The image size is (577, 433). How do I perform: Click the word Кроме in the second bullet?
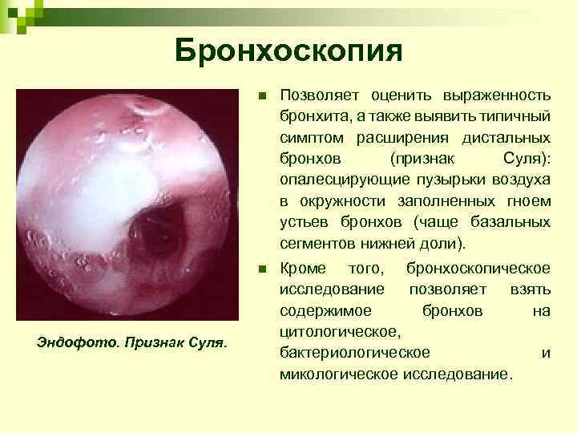tap(303, 267)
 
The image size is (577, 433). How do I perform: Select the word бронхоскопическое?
tap(478, 267)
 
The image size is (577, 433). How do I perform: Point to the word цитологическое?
tap(340, 330)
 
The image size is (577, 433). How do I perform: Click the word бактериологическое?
tap(354, 352)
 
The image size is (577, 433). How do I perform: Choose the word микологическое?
tap(339, 374)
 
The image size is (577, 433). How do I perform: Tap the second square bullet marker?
tap(262, 269)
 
